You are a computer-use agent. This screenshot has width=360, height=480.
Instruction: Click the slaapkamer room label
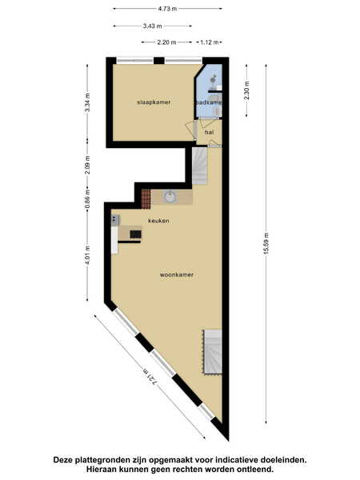tap(154, 102)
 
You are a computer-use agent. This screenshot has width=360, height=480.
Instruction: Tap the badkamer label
tap(209, 102)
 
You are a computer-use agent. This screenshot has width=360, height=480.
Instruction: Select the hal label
tap(209, 132)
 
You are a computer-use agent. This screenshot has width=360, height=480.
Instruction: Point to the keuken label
tap(158, 221)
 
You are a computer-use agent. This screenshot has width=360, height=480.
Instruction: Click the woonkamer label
tap(177, 274)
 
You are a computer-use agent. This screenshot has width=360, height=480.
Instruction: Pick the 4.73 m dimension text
tap(167, 9)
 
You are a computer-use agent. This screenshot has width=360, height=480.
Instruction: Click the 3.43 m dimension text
tap(153, 26)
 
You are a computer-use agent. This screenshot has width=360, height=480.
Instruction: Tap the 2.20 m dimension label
tap(166, 42)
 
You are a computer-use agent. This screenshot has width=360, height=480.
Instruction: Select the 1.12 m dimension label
tap(210, 42)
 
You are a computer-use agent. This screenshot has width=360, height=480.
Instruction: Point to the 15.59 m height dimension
tap(266, 243)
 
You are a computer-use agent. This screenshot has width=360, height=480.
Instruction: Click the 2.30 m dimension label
tap(246, 90)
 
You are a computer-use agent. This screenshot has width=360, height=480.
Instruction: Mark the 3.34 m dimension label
tap(87, 102)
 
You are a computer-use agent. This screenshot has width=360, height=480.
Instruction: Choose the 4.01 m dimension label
tap(87, 256)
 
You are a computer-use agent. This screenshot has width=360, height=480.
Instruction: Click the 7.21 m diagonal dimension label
tap(151, 377)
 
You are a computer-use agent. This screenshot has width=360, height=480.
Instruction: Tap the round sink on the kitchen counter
tap(170, 197)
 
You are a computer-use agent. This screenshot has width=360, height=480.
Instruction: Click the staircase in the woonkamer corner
tap(213, 351)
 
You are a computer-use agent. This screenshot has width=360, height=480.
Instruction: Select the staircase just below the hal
tap(199, 166)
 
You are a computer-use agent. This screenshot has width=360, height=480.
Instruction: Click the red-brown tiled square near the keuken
tap(146, 199)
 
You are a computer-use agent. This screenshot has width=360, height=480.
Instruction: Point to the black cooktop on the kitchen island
tap(135, 234)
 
